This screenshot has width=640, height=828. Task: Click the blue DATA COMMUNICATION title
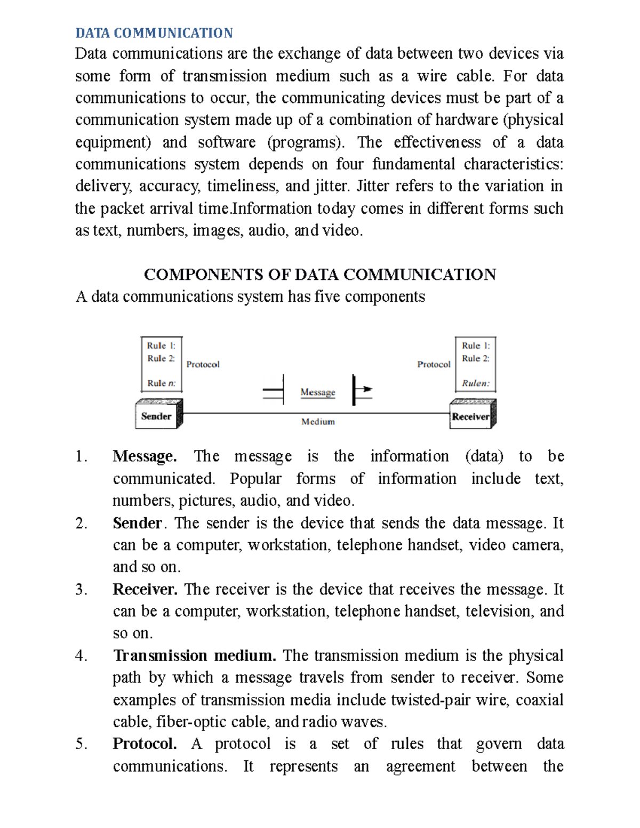tap(154, 33)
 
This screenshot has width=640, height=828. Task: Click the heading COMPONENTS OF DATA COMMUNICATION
tap(319, 275)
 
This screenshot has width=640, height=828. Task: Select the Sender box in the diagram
tap(157, 416)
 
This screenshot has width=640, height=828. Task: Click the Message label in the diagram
tap(317, 392)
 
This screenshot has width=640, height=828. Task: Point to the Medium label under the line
tap(318, 422)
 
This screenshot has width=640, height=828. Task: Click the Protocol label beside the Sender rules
tap(203, 365)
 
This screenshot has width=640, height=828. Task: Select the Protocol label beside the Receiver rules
tap(434, 365)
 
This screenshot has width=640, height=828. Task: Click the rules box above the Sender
tap(161, 364)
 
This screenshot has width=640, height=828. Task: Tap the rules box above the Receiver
tap(475, 364)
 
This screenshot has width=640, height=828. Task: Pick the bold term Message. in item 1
tap(145, 456)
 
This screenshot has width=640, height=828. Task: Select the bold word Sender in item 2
tap(137, 523)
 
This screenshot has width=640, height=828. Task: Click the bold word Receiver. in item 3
tap(145, 589)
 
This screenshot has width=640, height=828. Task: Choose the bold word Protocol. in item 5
tap(145, 744)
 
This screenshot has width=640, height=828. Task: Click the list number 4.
tap(81, 656)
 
